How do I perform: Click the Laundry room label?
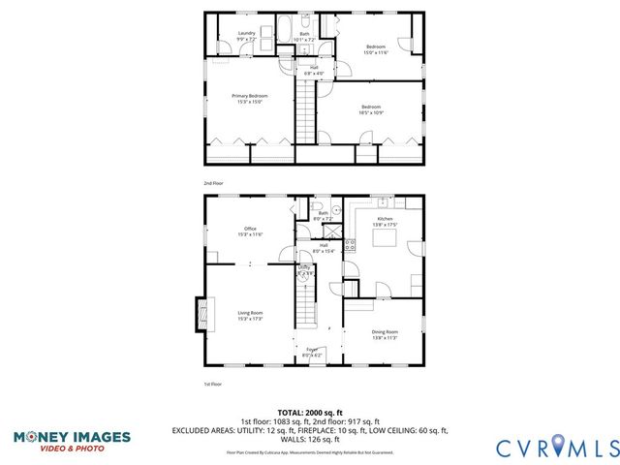click(247, 36)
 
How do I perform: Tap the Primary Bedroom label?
click(249, 98)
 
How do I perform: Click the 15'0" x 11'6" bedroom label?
click(375, 49)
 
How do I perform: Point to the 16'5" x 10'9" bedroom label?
click(371, 109)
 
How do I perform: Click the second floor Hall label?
click(314, 70)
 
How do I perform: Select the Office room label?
click(250, 232)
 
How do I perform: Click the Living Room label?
click(251, 315)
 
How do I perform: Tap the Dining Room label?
click(385, 334)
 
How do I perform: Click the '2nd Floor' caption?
click(213, 182)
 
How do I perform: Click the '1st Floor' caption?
click(213, 385)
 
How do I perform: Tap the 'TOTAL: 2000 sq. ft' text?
click(309, 412)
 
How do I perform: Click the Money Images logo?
click(72, 441)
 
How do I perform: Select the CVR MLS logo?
click(556, 447)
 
